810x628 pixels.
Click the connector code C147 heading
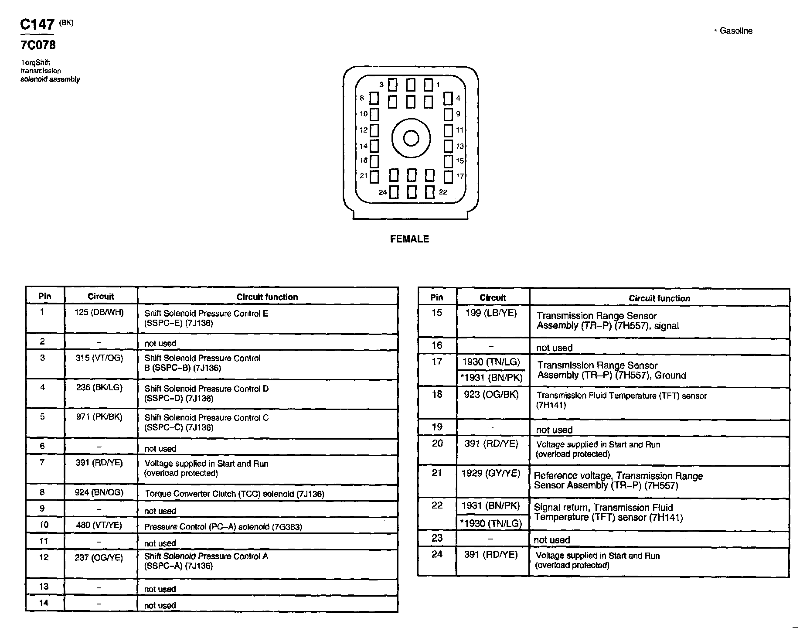click(x=37, y=24)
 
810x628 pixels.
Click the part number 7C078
click(x=38, y=45)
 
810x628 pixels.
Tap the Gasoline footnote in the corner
click(x=733, y=31)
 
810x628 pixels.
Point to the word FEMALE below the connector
click(x=409, y=239)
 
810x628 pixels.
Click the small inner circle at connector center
click(x=411, y=139)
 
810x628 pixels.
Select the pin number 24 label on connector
click(x=383, y=192)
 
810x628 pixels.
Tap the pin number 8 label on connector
click(x=362, y=98)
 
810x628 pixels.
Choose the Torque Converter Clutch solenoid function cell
click(x=235, y=494)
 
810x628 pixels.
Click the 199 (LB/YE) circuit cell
click(x=491, y=313)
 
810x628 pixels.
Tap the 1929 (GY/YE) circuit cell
click(x=491, y=473)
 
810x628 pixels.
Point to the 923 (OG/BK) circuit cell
click(x=491, y=395)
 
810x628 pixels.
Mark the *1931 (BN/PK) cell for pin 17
click(x=492, y=378)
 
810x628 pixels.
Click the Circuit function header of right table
click(x=659, y=298)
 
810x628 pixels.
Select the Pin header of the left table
click(x=44, y=297)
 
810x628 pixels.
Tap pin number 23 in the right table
click(x=437, y=538)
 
